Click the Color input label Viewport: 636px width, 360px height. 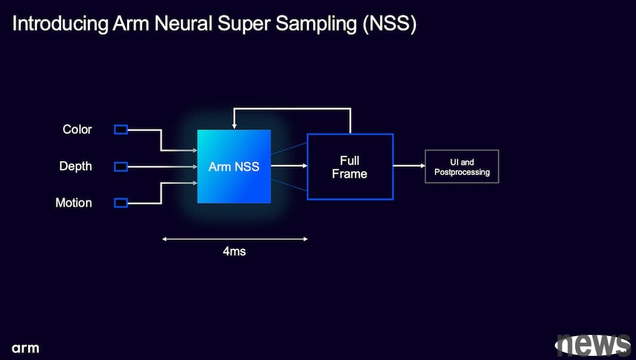[77, 130]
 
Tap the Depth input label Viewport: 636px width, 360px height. [75, 167]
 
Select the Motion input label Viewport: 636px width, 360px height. [73, 203]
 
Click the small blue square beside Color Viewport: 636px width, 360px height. [121, 130]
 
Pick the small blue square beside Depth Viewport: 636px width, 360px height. [121, 167]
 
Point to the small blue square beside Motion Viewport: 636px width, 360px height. [121, 202]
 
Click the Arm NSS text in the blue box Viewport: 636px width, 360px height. [234, 167]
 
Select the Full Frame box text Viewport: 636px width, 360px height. [350, 167]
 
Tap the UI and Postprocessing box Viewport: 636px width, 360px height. [462, 167]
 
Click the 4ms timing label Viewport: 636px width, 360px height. [234, 251]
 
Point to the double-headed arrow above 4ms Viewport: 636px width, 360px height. [235, 239]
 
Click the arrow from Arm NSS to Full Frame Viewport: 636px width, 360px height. [289, 165]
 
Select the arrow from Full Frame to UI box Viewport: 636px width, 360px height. [409, 165]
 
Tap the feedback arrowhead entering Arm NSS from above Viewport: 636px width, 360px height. [234, 126]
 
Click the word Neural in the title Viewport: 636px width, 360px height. [183, 23]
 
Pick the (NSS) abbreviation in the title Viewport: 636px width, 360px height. [390, 24]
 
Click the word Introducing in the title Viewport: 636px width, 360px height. [60, 24]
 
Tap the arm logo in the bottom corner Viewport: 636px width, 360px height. [25, 348]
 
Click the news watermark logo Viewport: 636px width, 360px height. [593, 346]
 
